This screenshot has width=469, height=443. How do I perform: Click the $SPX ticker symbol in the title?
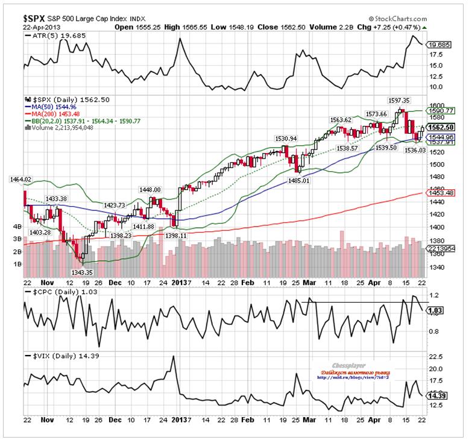tap(36, 11)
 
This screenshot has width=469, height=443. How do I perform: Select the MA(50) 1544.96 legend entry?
tap(52, 107)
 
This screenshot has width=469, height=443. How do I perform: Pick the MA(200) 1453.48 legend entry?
tap(54, 114)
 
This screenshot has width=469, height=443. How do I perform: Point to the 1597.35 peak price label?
tap(398, 100)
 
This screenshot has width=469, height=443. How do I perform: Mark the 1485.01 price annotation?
tap(301, 180)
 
